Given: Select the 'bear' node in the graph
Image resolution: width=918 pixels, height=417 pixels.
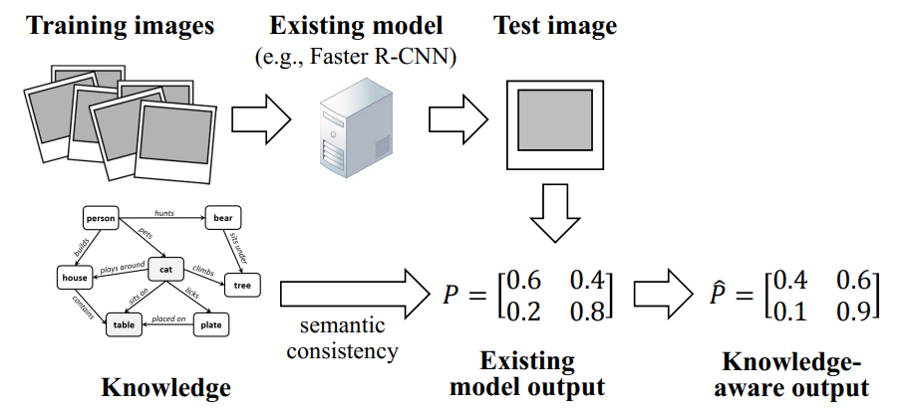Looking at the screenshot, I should click(223, 217).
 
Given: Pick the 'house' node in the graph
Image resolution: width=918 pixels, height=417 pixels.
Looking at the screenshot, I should click(75, 279).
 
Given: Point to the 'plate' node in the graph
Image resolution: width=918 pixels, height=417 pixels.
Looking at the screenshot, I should click(210, 324).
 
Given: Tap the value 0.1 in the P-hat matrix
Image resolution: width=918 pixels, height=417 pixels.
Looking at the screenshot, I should click(791, 312).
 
